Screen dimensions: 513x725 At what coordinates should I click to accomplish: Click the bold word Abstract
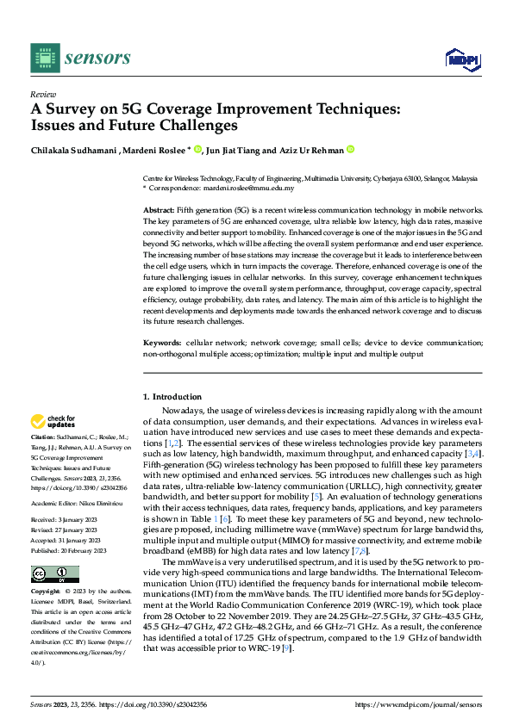click(x=158, y=210)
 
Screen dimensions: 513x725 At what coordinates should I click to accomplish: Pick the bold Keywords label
click(x=161, y=342)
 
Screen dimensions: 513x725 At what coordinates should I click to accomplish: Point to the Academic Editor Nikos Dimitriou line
click(x=76, y=499)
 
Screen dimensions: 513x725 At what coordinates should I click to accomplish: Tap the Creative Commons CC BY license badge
click(x=54, y=574)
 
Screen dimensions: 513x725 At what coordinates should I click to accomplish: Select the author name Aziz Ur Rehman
click(x=310, y=151)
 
